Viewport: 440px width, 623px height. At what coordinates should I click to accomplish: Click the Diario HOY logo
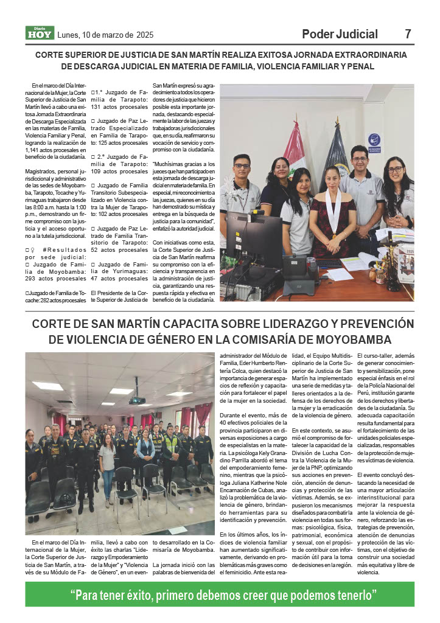[39, 34]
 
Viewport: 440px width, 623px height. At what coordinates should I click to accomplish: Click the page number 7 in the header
[408, 34]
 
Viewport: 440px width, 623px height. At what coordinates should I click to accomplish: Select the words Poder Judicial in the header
[340, 34]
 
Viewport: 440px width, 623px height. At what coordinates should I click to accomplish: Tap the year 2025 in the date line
[145, 35]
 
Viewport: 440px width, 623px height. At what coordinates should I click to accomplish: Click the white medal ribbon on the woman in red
[332, 210]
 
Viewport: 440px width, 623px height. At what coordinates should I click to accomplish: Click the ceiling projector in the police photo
[137, 399]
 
